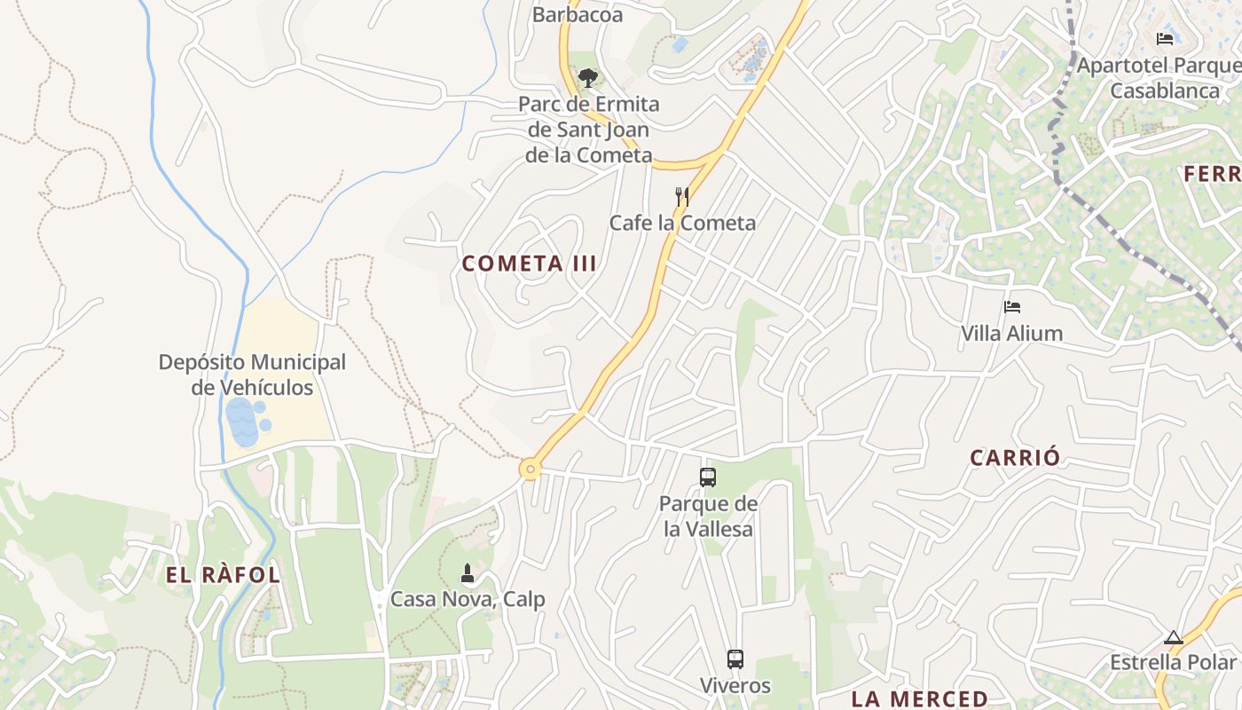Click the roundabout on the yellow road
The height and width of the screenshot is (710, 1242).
pos(531,469)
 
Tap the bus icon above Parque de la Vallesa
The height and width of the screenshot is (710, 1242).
pos(707,477)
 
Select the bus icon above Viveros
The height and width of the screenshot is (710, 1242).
pos(735,659)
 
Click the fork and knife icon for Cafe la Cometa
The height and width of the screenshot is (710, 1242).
pos(682,197)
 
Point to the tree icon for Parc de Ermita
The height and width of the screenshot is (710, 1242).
pos(587,78)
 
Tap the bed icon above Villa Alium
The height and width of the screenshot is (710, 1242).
pos(1012,307)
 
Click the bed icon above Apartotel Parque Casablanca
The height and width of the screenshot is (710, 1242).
pos(1165,38)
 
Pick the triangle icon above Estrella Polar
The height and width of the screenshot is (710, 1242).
pos(1174,637)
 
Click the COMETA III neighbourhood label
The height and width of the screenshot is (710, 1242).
pos(529,264)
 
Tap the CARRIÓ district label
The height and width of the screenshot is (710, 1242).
pos(1015,458)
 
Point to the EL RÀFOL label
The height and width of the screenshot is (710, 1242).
pos(223,574)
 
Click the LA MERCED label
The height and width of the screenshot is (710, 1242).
pos(919,698)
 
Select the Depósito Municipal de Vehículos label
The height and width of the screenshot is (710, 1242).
pos(252,375)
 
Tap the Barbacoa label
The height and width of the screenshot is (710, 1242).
pos(578,14)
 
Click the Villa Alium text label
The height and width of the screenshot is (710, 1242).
pos(1012,334)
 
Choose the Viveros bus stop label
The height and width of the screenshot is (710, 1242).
pos(735,685)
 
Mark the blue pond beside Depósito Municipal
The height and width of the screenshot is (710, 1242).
pos(242,422)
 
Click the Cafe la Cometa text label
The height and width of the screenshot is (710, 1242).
pos(682,223)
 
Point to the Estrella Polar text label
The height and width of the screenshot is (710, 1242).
pos(1173,662)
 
